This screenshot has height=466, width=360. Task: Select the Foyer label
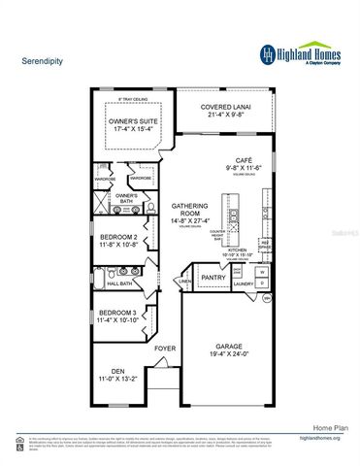[165, 347]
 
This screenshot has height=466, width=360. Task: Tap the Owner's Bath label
[125, 196]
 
